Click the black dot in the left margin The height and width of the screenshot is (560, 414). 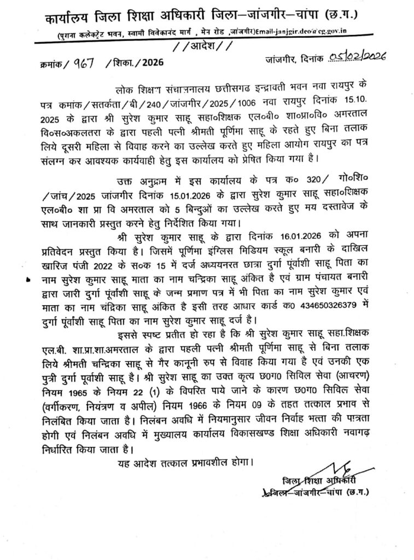28,279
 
